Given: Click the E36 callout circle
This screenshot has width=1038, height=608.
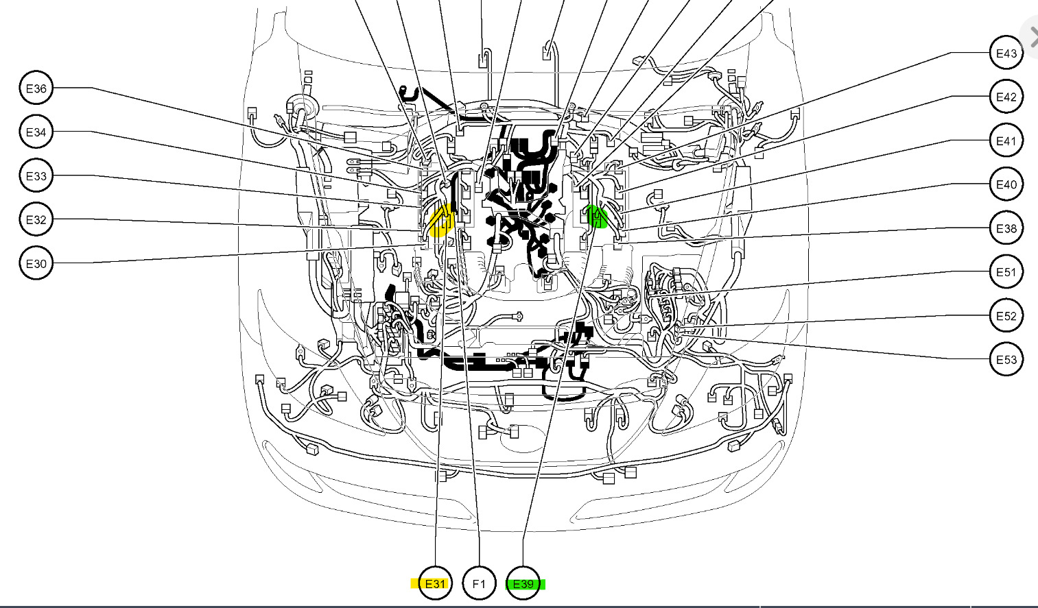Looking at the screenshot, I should (x=36, y=88).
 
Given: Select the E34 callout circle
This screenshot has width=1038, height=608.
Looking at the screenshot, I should (x=36, y=132).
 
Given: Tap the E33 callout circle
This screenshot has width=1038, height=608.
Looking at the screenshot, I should (x=36, y=176).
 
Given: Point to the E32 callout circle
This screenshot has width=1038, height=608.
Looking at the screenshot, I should (x=36, y=220).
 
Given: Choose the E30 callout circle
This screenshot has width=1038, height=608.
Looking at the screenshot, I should (x=36, y=264).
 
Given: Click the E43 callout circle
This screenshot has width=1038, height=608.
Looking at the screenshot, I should (x=1006, y=53).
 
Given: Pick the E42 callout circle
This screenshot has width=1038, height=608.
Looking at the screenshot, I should (x=1006, y=97).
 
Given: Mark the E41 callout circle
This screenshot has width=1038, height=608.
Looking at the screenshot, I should (x=1006, y=141).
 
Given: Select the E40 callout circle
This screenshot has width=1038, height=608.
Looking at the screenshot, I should (x=1006, y=184).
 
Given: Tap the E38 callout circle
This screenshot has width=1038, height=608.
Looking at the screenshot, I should (x=1006, y=228).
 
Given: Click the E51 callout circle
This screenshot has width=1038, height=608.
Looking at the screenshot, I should (x=1006, y=272).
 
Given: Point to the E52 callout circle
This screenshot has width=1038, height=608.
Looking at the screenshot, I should (x=1006, y=316).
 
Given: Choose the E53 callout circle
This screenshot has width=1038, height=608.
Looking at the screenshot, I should (x=1006, y=360).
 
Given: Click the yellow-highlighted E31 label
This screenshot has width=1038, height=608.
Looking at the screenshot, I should (x=435, y=584).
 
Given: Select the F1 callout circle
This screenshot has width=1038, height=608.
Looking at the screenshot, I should (x=479, y=584).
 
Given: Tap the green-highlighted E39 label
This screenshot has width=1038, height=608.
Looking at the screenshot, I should (x=523, y=584).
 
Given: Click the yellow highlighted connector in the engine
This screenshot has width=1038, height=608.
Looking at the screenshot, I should (x=440, y=221).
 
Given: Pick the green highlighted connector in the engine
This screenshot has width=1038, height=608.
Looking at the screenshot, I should (x=597, y=217).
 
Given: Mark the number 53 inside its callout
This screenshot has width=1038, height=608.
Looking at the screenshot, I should (x=1011, y=360).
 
